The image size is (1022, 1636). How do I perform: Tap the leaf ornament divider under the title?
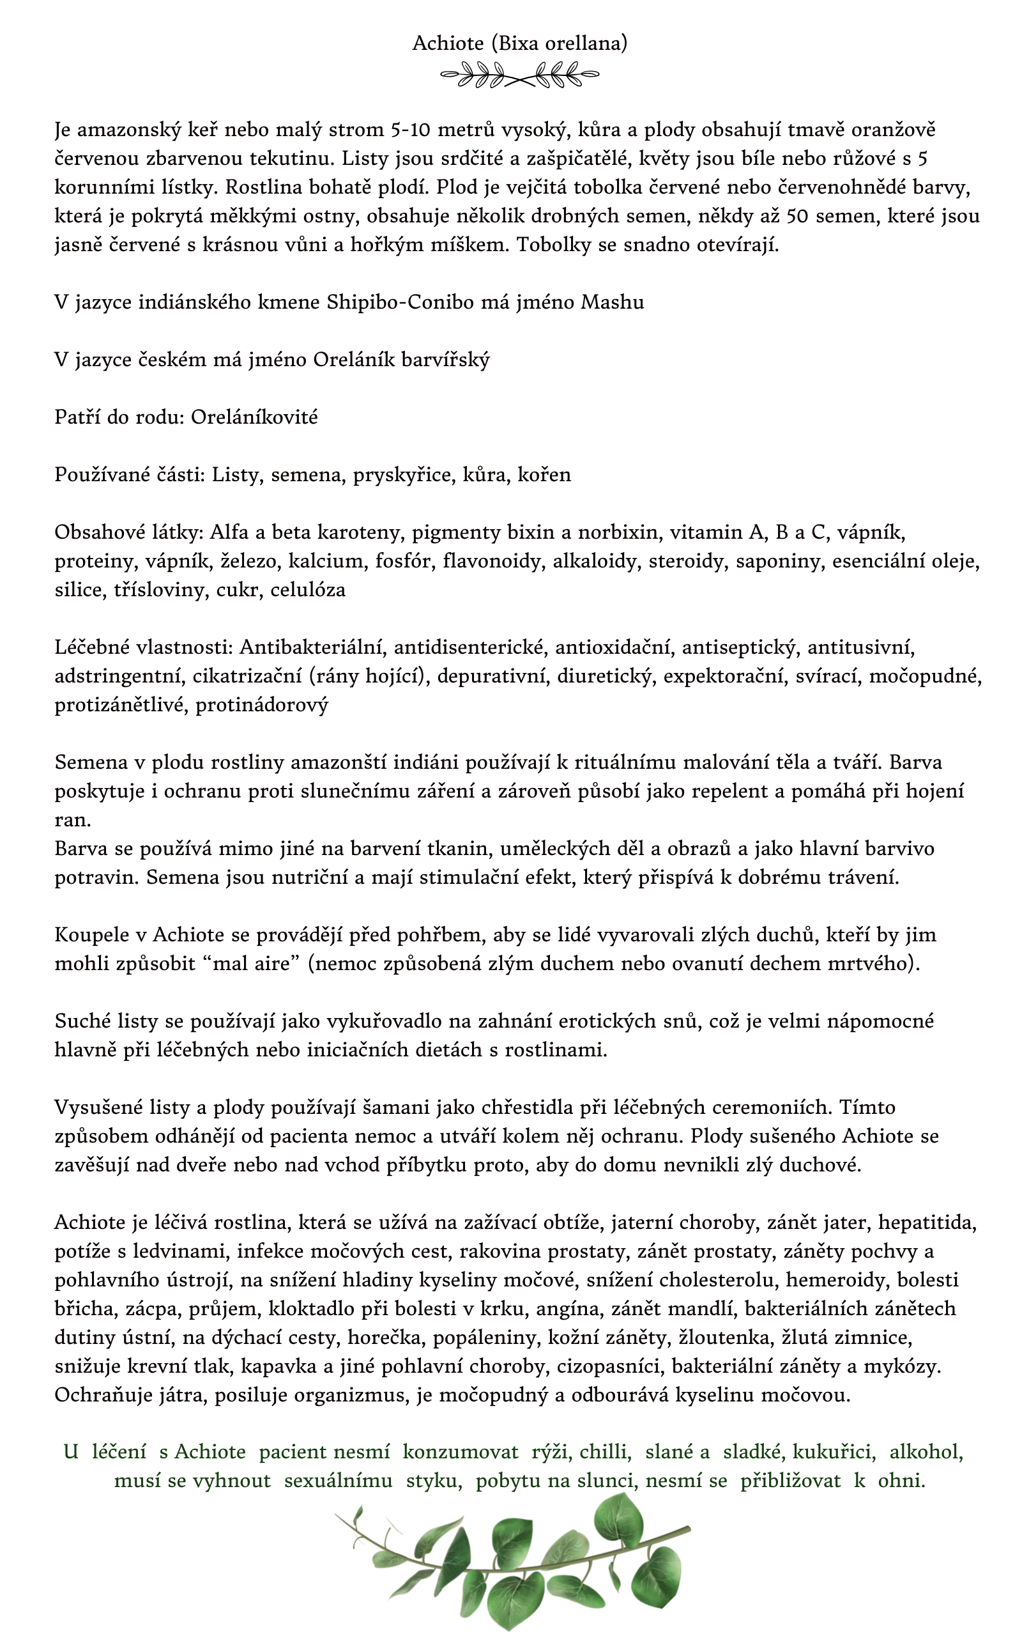[x=519, y=74]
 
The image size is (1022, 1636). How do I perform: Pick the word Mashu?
[x=613, y=302]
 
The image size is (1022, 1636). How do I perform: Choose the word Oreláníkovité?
[x=254, y=417]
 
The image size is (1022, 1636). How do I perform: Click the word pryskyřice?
[x=402, y=475]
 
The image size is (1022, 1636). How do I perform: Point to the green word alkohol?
[x=926, y=1452]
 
